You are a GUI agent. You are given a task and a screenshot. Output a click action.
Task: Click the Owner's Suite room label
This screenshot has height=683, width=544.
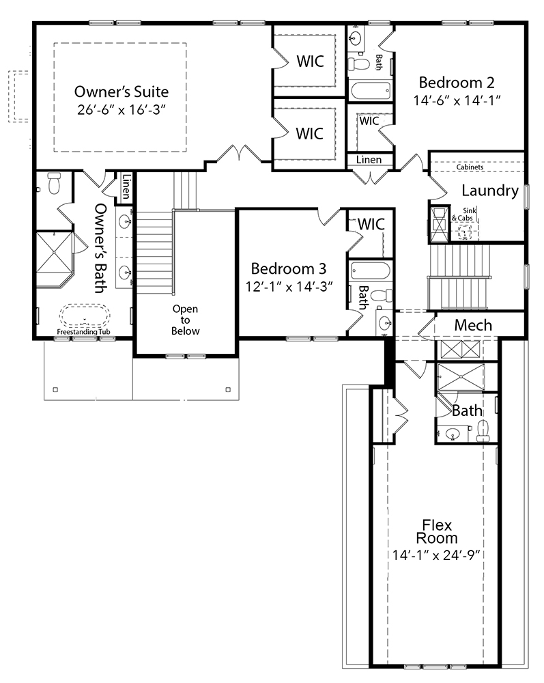pyautogui.click(x=121, y=92)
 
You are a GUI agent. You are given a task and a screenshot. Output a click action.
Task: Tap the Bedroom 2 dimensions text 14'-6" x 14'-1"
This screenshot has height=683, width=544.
pyautogui.click(x=457, y=100)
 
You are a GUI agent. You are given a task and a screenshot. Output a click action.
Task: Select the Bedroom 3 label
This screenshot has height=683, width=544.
pyautogui.click(x=289, y=268)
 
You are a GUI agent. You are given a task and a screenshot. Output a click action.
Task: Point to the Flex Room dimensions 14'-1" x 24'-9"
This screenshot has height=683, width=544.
pyautogui.click(x=436, y=555)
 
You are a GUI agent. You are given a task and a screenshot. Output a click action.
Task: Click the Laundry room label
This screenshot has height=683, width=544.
pyautogui.click(x=490, y=191)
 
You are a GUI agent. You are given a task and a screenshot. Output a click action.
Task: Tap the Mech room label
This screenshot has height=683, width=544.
pyautogui.click(x=473, y=325)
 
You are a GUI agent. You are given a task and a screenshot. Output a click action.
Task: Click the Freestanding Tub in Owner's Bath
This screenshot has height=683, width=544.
pyautogui.click(x=85, y=316)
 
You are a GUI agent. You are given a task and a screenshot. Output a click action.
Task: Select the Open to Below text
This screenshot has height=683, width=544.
pyautogui.click(x=186, y=320)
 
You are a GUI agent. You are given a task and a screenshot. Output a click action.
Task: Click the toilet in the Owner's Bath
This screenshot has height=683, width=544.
pyautogui.click(x=55, y=183)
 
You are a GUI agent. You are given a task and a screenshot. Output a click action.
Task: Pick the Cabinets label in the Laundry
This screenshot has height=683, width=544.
pyautogui.click(x=470, y=167)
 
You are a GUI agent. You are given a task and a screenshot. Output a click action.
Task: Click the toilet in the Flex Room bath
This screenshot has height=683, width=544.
pyautogui.click(x=483, y=430)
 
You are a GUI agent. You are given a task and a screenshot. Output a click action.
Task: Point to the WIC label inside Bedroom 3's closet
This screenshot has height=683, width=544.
pyautogui.click(x=371, y=224)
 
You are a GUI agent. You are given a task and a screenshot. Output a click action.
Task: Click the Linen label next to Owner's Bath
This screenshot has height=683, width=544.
pyautogui.click(x=126, y=186)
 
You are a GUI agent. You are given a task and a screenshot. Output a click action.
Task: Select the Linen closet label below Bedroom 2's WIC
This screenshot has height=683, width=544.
pyautogui.click(x=369, y=160)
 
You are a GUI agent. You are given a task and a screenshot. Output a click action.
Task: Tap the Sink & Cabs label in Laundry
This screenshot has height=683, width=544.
pyautogui.click(x=464, y=214)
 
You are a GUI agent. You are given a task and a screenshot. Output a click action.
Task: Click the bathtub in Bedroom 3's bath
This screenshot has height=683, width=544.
pyautogui.click(x=371, y=271)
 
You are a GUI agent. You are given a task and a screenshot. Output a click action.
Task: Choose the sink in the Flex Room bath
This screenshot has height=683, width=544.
pyautogui.click(x=453, y=434)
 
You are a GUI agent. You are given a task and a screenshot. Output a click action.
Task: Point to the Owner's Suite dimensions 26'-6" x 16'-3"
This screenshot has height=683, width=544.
pyautogui.click(x=121, y=110)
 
